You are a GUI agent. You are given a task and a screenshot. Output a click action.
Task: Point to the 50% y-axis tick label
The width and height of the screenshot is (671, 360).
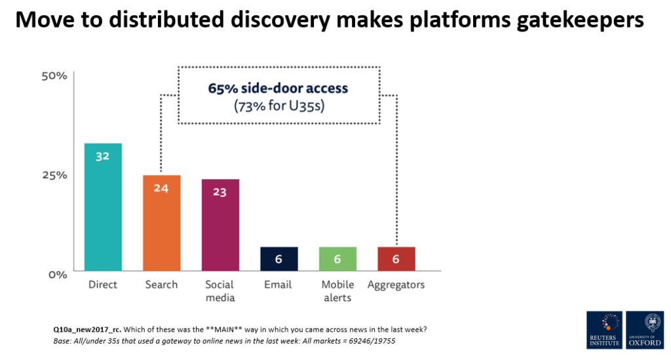(54, 76)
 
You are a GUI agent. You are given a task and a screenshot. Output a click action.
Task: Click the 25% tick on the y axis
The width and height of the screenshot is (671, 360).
(54, 175)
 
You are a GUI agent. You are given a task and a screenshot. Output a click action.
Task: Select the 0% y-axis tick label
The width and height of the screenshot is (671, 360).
(57, 273)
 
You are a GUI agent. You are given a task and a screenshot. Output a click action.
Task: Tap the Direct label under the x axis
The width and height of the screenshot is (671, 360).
(103, 285)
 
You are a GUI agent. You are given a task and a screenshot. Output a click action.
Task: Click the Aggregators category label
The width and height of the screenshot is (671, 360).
(396, 285)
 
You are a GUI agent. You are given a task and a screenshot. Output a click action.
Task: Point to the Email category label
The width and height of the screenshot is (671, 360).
(278, 285)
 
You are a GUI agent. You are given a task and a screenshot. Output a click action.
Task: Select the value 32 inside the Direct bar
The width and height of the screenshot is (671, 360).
(102, 157)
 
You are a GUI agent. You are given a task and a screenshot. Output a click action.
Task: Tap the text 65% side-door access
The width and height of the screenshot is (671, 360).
(278, 89)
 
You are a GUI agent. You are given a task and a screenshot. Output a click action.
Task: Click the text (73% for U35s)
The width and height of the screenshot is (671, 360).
(278, 105)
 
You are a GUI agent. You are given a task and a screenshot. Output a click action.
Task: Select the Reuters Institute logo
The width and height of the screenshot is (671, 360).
(603, 330)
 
